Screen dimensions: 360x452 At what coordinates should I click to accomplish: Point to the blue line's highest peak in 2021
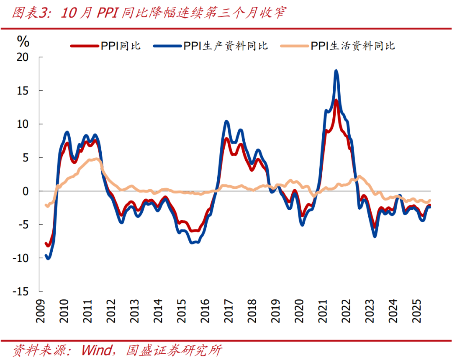(336, 71)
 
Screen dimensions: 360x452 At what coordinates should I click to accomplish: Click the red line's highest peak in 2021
(336, 100)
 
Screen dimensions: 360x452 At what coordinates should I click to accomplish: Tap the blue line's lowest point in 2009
(48, 258)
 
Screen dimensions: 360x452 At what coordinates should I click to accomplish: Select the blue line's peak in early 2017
(226, 122)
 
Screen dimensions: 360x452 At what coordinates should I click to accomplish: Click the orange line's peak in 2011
(97, 159)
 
